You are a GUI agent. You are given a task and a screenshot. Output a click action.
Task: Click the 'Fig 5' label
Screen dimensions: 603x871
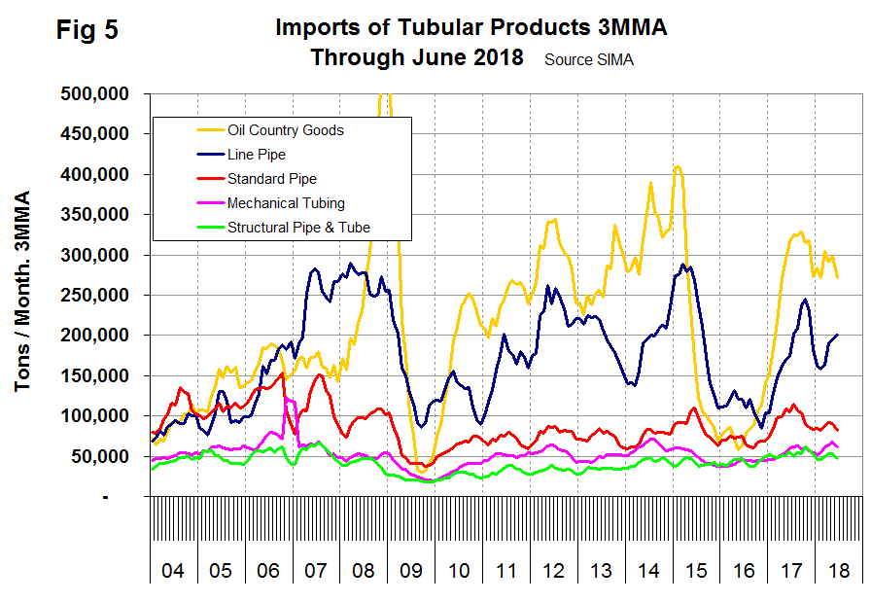pos(87,30)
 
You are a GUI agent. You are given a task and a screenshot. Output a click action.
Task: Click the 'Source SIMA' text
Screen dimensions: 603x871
pos(589,59)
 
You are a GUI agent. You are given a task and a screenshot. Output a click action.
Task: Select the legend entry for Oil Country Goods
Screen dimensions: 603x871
pos(285,129)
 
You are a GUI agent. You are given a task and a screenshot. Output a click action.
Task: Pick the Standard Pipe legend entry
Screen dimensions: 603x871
pos(271,178)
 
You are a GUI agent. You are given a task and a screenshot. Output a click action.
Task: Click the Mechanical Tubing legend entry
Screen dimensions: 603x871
pos(285,202)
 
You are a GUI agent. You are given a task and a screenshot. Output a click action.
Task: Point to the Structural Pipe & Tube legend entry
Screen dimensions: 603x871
pos(297,227)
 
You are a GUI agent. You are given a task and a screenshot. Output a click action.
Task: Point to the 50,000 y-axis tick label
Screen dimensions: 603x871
pos(104,456)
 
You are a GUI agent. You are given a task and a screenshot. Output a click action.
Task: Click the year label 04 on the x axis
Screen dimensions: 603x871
pos(173,568)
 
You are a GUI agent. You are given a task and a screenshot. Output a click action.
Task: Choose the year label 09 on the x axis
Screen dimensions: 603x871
pos(410,568)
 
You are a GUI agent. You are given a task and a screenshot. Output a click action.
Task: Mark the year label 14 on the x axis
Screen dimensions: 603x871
pos(647,568)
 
